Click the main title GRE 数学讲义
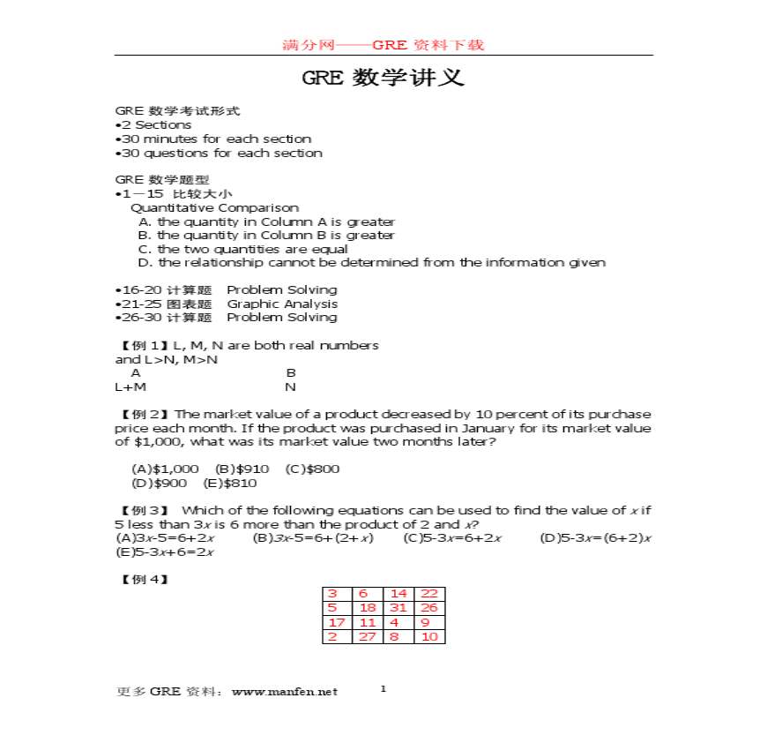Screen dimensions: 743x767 tap(383, 78)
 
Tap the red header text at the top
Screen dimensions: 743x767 tap(383, 45)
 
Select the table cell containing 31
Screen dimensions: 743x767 tap(398, 608)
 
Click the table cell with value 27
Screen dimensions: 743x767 tap(368, 636)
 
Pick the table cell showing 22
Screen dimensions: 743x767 tap(429, 594)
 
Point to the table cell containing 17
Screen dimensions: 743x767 tap(337, 622)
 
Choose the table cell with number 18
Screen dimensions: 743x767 tap(368, 608)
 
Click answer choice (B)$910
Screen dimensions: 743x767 tap(242, 469)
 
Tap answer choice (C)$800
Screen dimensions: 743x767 tap(313, 469)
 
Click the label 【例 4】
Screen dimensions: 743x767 tap(142, 580)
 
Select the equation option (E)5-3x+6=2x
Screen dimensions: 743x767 tap(165, 552)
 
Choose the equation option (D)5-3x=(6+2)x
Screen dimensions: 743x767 tap(595, 538)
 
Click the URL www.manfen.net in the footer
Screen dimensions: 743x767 tap(284, 692)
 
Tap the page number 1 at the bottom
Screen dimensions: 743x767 tap(383, 688)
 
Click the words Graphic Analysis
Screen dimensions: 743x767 tap(282, 304)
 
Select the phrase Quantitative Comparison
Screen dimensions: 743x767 tap(214, 208)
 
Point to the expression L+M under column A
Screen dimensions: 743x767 tap(130, 387)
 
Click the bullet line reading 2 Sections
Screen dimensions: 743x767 tap(155, 125)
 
